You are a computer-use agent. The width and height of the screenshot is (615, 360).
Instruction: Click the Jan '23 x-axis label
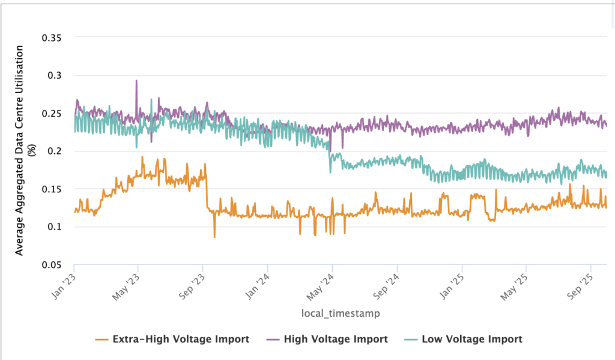click(64, 281)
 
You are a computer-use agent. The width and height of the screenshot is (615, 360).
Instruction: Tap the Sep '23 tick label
click(192, 282)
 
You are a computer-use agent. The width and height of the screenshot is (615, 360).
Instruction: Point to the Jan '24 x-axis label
click(257, 281)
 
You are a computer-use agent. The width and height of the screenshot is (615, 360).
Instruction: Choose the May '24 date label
click(321, 282)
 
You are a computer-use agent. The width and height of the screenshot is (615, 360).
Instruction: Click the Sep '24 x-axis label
click(386, 282)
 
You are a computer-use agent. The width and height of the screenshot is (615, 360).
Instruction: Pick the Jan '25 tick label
click(451, 281)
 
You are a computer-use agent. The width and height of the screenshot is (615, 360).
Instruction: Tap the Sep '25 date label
click(580, 282)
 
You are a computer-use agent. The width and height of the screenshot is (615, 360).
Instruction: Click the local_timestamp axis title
click(340, 313)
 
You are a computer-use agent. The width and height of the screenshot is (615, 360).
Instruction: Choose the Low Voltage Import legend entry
click(472, 339)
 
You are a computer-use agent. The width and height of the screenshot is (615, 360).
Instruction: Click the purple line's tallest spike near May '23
click(136, 81)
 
